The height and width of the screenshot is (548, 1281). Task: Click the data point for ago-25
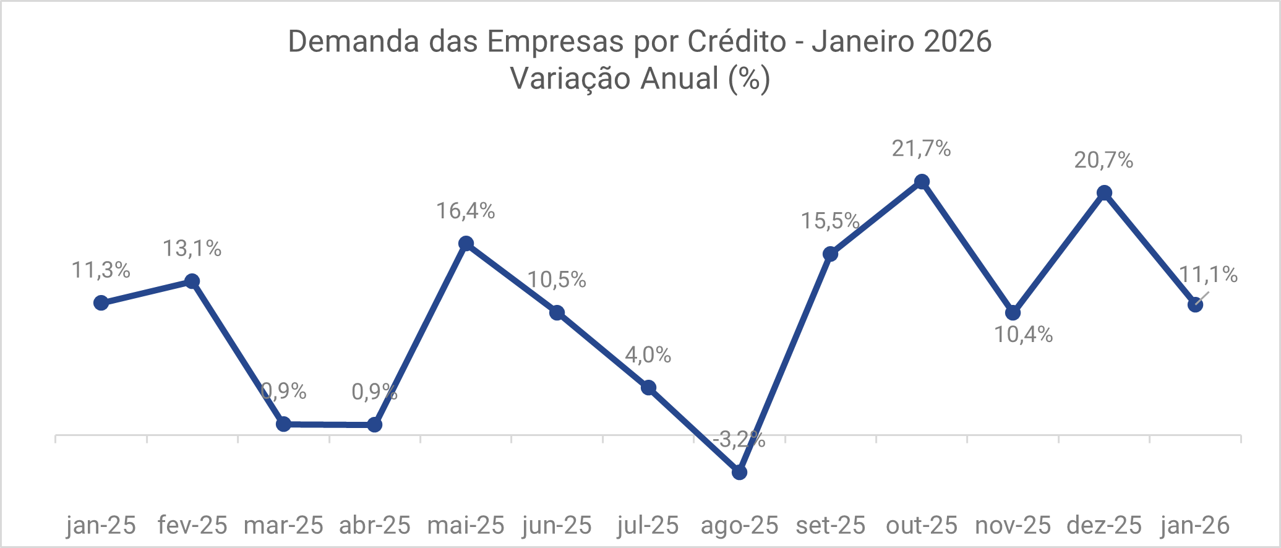click(739, 472)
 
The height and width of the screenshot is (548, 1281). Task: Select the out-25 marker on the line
click(922, 182)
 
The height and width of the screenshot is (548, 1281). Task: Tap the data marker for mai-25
click(466, 244)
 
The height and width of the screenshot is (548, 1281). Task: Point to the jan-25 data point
click(101, 302)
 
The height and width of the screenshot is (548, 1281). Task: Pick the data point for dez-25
click(1104, 193)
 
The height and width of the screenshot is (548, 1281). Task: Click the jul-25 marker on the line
click(648, 388)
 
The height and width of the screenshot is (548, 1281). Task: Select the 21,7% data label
click(921, 148)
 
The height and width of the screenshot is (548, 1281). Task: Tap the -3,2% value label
click(739, 440)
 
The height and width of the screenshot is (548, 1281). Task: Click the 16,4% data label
click(466, 211)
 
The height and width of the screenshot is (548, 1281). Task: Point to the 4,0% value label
click(648, 354)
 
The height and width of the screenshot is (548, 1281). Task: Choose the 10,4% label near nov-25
click(1023, 335)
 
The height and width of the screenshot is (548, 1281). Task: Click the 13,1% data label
click(192, 249)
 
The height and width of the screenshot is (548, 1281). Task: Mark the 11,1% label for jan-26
click(1208, 275)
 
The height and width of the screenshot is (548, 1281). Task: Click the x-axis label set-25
click(830, 525)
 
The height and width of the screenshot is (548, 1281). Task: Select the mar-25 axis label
click(283, 525)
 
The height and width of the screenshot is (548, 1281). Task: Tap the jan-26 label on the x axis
click(1195, 525)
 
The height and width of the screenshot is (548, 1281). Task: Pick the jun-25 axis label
click(557, 525)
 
